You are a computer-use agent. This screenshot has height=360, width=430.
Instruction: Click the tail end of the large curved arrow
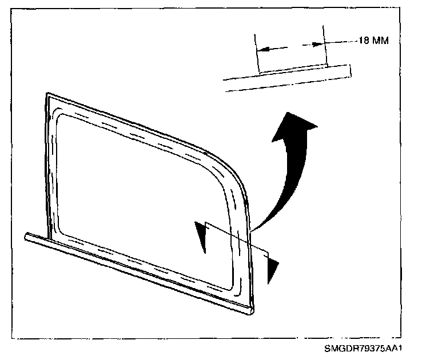click(x=255, y=227)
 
